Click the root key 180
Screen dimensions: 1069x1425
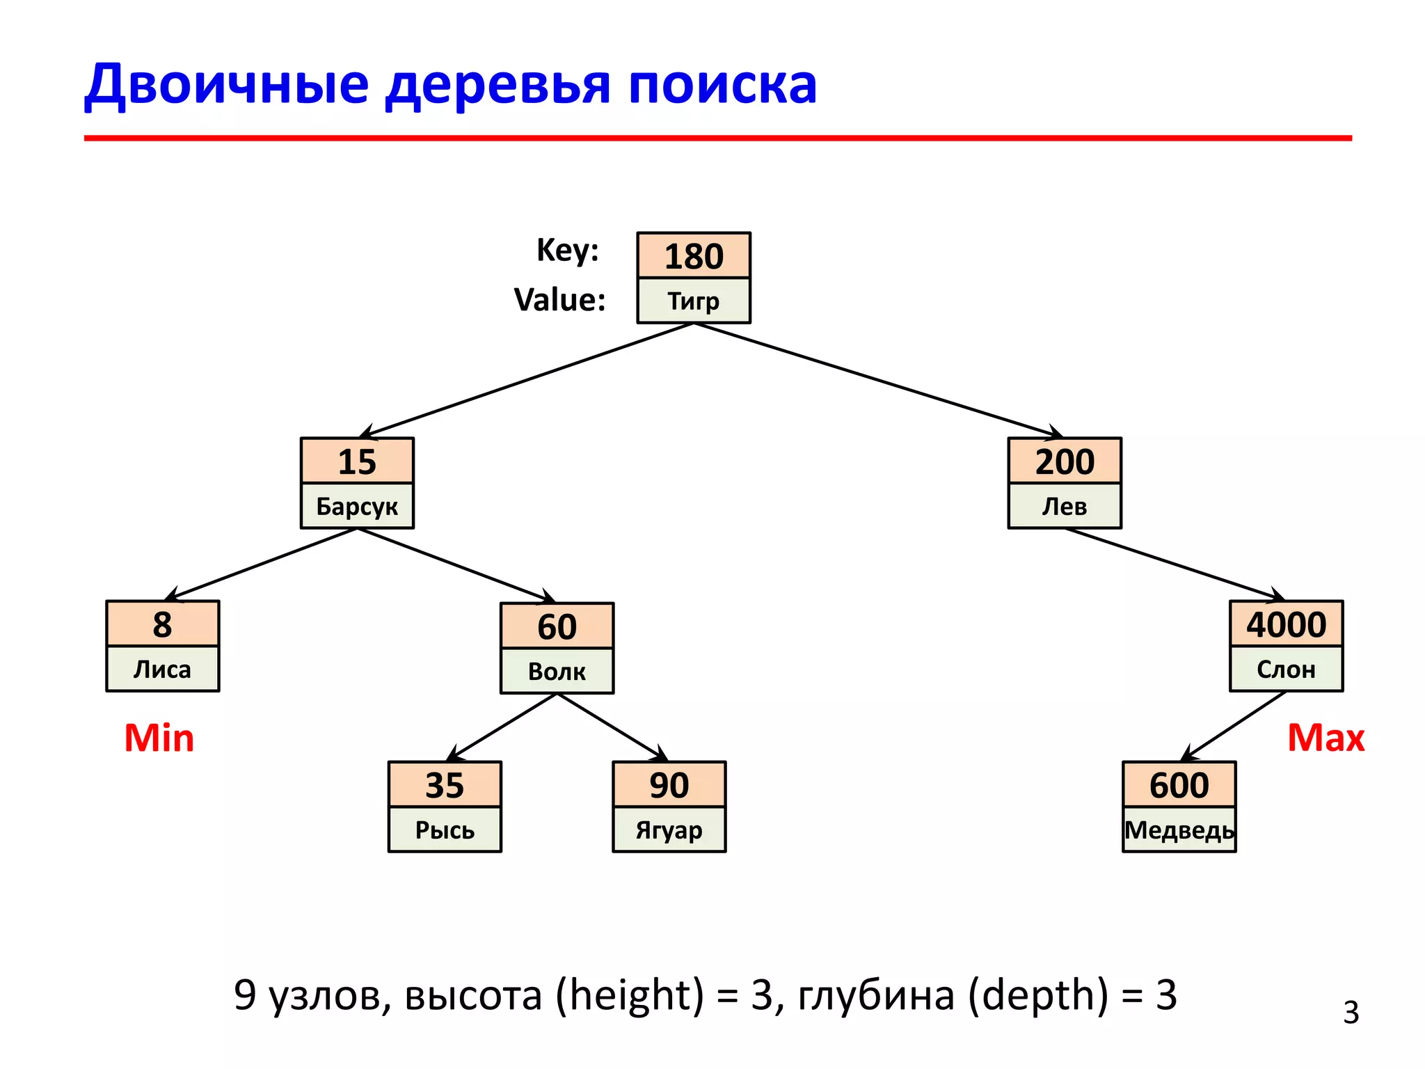(x=694, y=256)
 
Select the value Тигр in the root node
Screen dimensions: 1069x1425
(x=694, y=301)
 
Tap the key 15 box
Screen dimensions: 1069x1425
(x=357, y=461)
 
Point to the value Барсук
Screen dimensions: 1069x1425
(x=357, y=506)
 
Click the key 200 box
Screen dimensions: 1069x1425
(x=1065, y=461)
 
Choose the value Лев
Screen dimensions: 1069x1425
(x=1065, y=506)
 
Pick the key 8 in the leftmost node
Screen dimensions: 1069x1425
(x=162, y=624)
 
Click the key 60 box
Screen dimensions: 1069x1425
(x=557, y=626)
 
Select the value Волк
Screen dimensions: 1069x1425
(x=557, y=672)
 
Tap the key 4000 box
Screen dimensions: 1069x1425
(x=1286, y=624)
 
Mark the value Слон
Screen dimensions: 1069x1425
(x=1286, y=670)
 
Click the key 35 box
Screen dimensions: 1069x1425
(x=445, y=785)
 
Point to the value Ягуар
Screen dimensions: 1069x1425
(x=669, y=830)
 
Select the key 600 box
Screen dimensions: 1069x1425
(x=1179, y=785)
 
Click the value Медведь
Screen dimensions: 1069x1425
(x=1179, y=830)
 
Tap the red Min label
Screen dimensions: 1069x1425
(x=159, y=738)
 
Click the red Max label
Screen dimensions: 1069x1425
(x=1326, y=738)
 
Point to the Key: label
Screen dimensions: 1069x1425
(x=567, y=250)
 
